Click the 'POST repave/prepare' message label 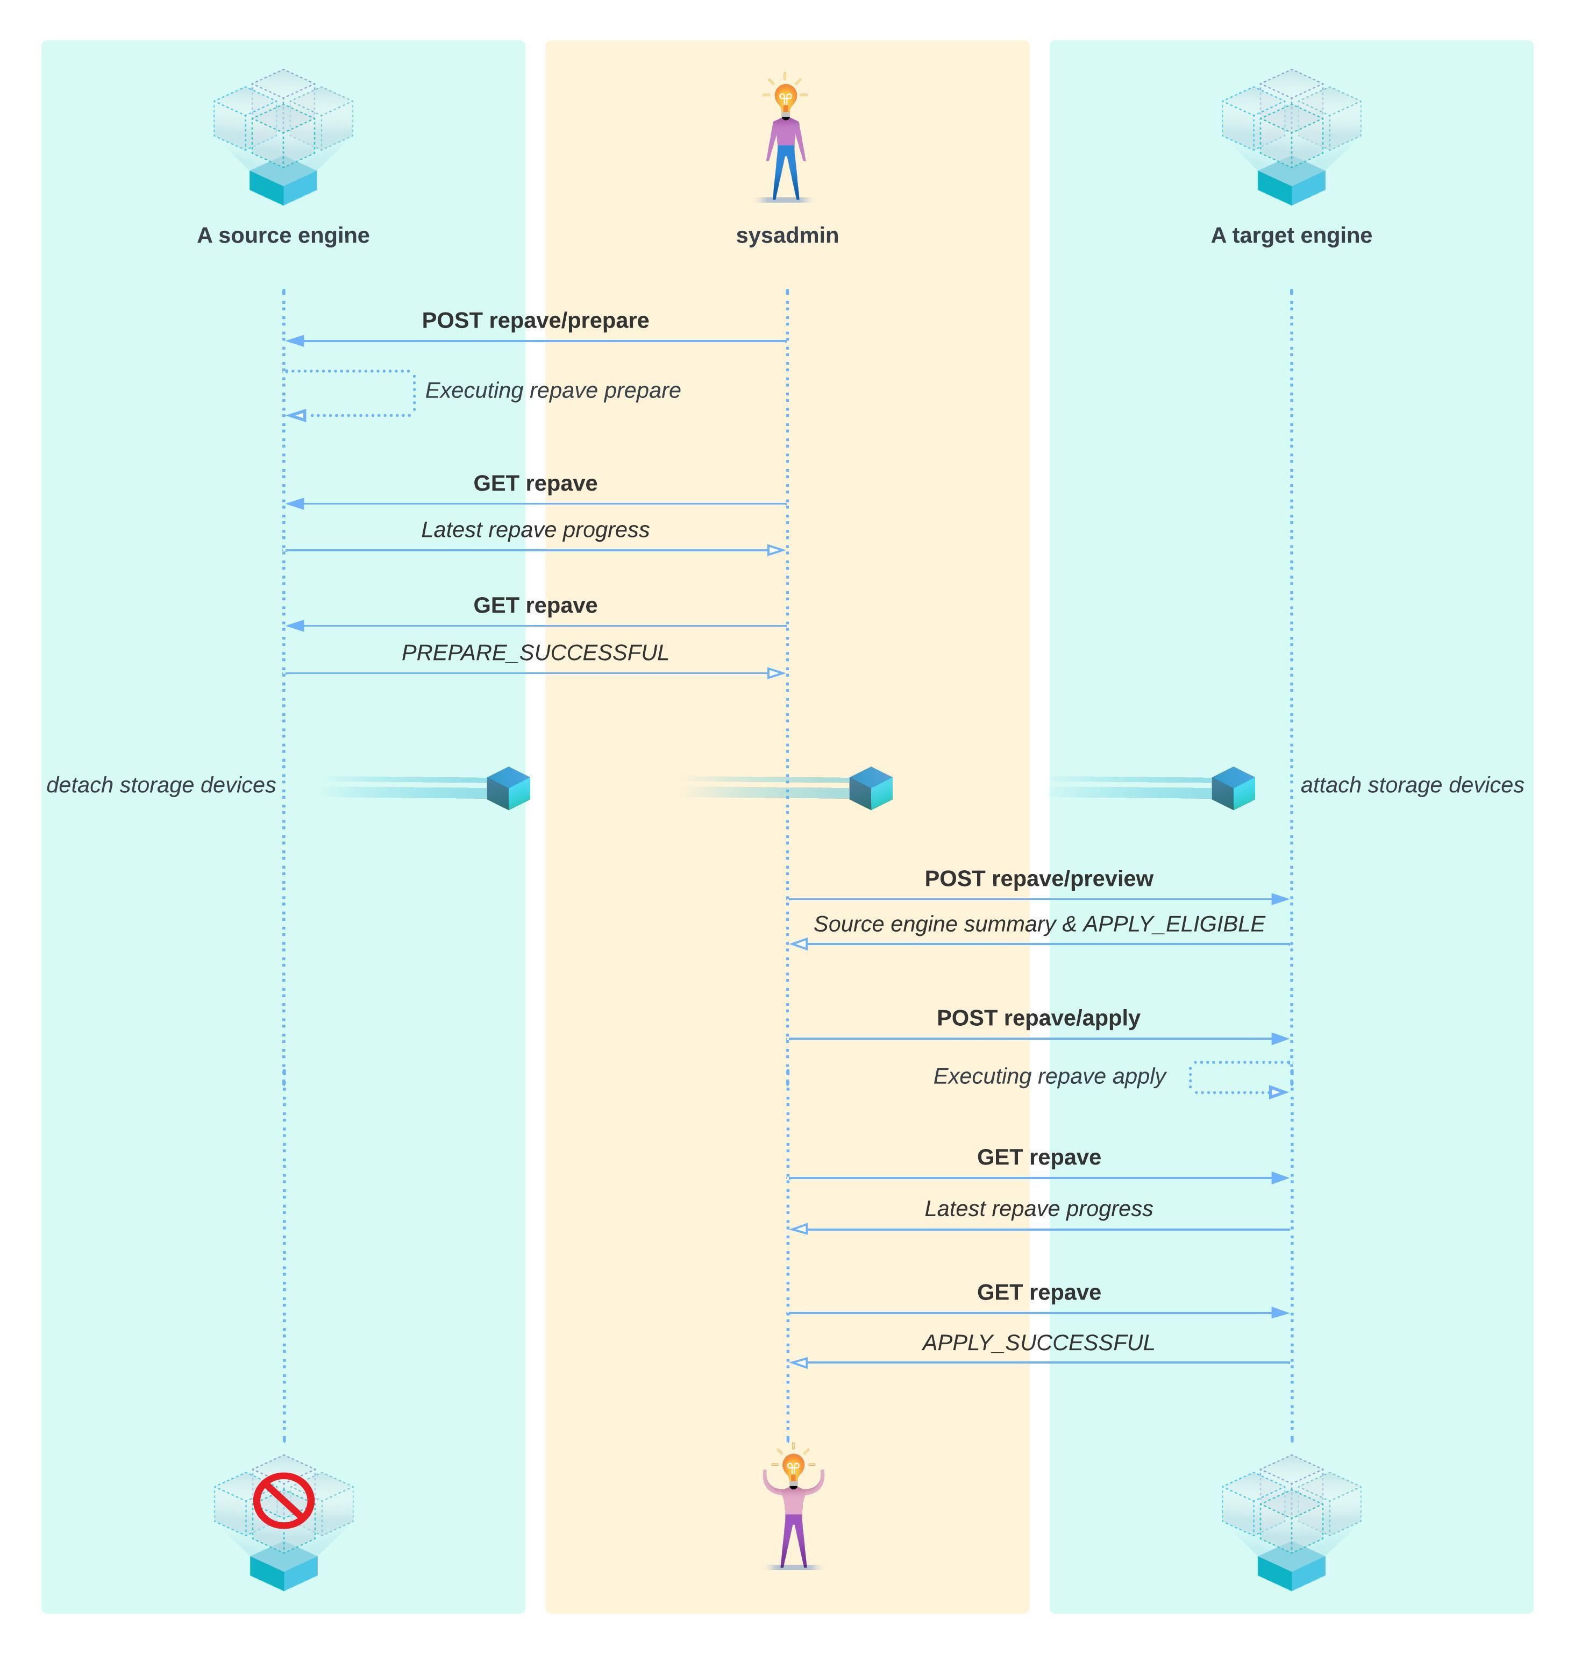[x=535, y=321]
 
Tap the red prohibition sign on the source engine [x=283, y=1500]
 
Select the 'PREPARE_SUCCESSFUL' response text [x=535, y=653]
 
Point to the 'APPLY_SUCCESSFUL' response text [x=1039, y=1343]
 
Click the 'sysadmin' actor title [x=787, y=236]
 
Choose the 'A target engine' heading [x=1291, y=236]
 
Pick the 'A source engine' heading [x=283, y=236]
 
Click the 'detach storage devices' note [x=161, y=785]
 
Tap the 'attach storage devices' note [x=1412, y=785]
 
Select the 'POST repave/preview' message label [x=1039, y=878]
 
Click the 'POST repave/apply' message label [x=1039, y=1018]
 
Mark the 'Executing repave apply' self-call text [x=1050, y=1077]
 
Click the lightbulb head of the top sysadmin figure [x=785, y=97]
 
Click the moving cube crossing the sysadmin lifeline [x=871, y=788]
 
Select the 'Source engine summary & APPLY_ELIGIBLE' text [x=1039, y=924]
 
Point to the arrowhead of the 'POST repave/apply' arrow [x=1280, y=1039]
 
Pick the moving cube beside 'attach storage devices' [x=1234, y=788]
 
